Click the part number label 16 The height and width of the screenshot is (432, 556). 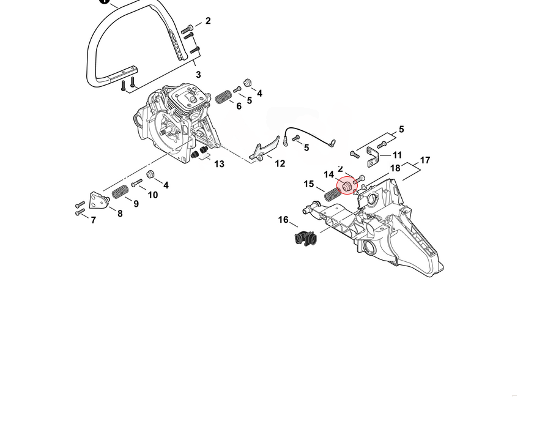[x=283, y=220]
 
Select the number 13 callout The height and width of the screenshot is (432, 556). [x=220, y=164]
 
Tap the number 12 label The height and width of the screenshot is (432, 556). [x=280, y=163]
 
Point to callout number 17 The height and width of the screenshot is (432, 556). [x=425, y=160]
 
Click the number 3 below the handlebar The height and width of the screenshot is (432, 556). [x=198, y=75]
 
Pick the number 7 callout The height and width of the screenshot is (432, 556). [x=93, y=220]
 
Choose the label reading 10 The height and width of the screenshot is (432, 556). [x=153, y=195]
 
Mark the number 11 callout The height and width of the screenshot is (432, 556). [x=397, y=155]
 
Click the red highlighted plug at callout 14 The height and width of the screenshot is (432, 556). [x=347, y=185]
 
